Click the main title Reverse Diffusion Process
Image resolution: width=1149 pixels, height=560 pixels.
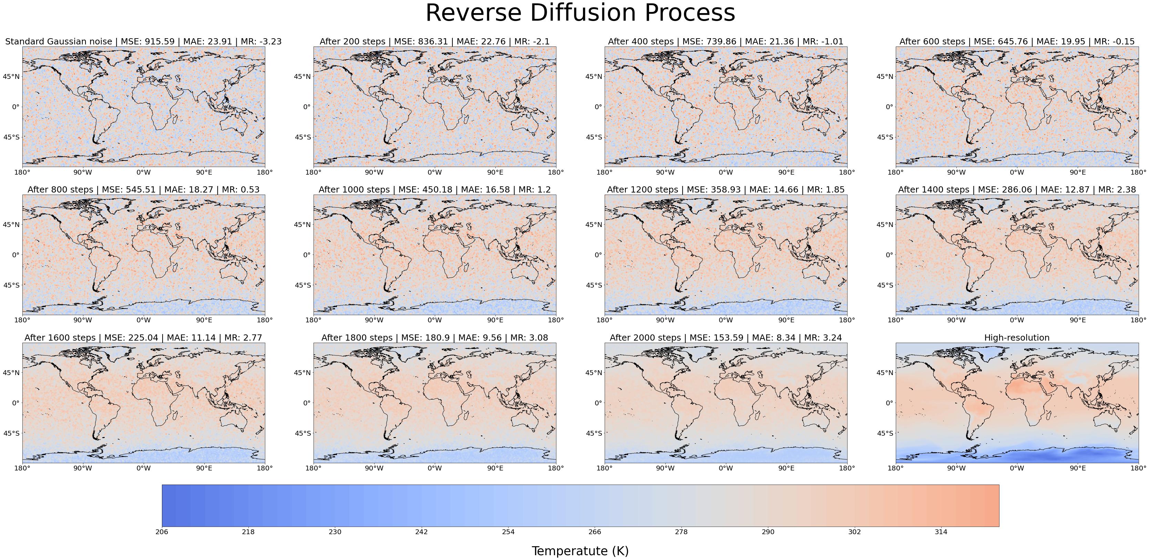coord(580,13)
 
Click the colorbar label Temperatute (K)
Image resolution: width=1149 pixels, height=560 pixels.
coord(580,551)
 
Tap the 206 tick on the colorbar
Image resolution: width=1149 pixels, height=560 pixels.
coord(162,531)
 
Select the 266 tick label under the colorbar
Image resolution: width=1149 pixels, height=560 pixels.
coord(595,531)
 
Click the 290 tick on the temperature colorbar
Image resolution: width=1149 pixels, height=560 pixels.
coord(768,531)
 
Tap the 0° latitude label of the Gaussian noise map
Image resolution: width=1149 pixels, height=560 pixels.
coord(15,107)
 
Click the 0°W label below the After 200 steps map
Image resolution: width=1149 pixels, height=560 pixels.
coord(434,172)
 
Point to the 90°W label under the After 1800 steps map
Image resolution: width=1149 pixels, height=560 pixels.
coord(374,468)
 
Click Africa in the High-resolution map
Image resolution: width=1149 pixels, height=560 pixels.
coord(1030,397)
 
